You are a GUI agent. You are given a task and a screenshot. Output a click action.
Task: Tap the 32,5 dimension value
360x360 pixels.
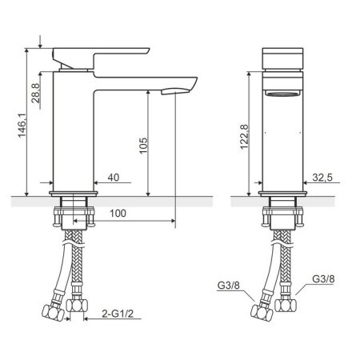pyautogui.click(x=324, y=178)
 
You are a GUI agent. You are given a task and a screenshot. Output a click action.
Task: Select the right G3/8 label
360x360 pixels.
pyautogui.click(x=323, y=280)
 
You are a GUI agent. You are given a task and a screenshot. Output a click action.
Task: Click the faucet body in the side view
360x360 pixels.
pyautogui.click(x=74, y=136)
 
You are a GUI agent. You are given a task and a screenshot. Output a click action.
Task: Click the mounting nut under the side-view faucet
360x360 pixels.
pyautogui.click(x=74, y=215)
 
